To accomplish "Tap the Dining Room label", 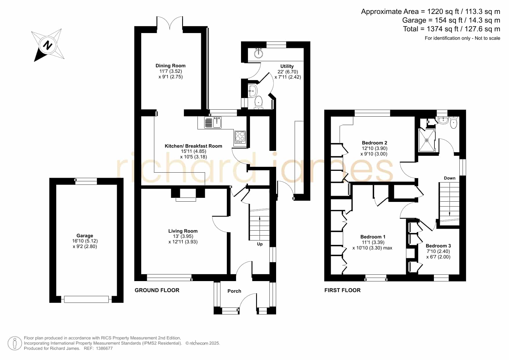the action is pyautogui.click(x=171, y=66).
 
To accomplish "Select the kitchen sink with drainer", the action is pyautogui.click(x=213, y=122).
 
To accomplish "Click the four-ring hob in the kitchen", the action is pyautogui.click(x=240, y=137).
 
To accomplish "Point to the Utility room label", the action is pyautogui.click(x=287, y=66).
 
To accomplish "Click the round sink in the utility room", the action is pyautogui.click(x=258, y=53).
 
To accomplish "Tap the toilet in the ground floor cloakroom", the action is pyautogui.click(x=258, y=103).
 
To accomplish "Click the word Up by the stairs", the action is pyautogui.click(x=260, y=244).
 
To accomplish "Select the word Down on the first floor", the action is pyautogui.click(x=450, y=178).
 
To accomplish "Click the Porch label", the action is pyautogui.click(x=234, y=291).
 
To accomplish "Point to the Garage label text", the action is pyautogui.click(x=85, y=236).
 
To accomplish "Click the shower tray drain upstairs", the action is pyautogui.click(x=427, y=140).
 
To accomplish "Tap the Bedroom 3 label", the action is pyautogui.click(x=438, y=246).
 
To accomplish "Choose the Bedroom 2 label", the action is pyautogui.click(x=374, y=143).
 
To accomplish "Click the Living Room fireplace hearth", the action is pyautogui.click(x=186, y=200).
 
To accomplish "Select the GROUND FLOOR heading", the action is pyautogui.click(x=157, y=290).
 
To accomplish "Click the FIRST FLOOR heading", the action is pyautogui.click(x=343, y=290).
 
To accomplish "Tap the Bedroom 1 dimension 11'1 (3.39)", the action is pyautogui.click(x=373, y=243).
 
